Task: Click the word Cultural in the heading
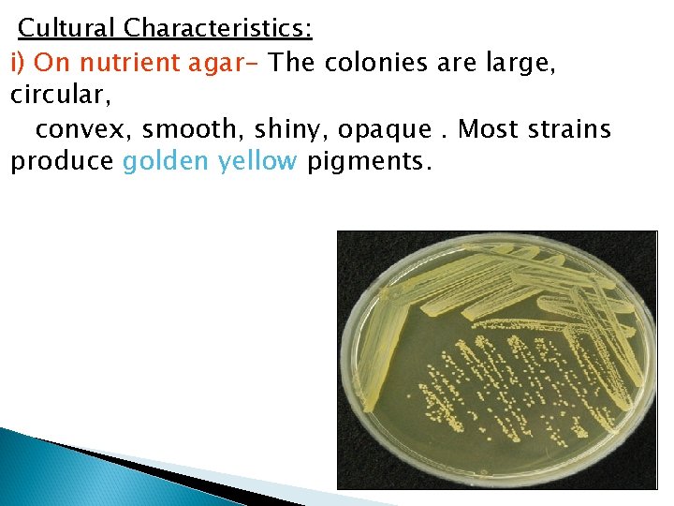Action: [x=64, y=28]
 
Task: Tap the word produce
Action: [x=62, y=162]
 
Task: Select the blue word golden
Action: [x=166, y=161]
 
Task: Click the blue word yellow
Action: [x=257, y=161]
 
